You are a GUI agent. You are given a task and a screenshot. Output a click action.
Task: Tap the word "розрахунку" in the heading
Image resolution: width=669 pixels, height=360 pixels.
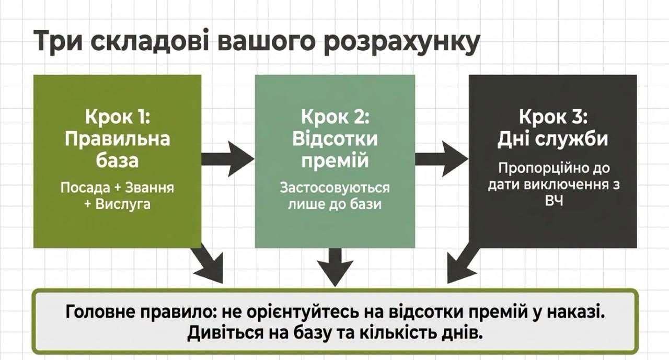[x=402, y=42]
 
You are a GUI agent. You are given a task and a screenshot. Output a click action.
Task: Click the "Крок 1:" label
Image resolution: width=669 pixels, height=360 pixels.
[x=118, y=117]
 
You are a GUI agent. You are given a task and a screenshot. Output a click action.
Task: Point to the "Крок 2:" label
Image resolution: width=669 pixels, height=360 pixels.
[x=335, y=117]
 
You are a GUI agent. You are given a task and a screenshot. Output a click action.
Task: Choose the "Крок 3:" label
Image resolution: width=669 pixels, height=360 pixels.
[x=553, y=117]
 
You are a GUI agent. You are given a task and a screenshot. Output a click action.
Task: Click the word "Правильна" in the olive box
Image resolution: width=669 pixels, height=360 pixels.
[x=118, y=139]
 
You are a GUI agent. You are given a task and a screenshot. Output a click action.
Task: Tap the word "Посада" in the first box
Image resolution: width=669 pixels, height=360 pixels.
[x=85, y=188]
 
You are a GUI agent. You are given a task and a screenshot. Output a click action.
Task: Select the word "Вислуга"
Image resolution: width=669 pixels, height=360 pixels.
[x=123, y=204]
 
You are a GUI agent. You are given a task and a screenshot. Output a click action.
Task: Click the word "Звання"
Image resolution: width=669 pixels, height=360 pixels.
[x=149, y=188]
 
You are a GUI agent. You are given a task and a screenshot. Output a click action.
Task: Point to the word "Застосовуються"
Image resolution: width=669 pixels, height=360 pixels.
[x=335, y=188]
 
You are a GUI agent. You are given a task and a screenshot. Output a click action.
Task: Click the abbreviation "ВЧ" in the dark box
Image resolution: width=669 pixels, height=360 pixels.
[x=553, y=201]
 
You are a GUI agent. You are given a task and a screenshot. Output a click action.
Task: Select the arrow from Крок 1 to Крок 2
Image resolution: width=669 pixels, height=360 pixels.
[x=228, y=159]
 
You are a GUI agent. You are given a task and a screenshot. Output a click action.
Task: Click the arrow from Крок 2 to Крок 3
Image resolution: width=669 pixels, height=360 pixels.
[x=442, y=159]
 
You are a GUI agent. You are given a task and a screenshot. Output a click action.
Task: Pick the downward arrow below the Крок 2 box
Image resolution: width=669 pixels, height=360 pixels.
[x=335, y=267]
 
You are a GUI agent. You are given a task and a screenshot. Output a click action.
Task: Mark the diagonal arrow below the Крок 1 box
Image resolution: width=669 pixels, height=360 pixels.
[x=209, y=263]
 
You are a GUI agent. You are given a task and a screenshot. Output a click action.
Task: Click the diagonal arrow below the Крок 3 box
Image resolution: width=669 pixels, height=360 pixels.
[x=463, y=263]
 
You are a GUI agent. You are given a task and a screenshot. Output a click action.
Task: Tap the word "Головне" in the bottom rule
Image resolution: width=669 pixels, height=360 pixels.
[x=100, y=312]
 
